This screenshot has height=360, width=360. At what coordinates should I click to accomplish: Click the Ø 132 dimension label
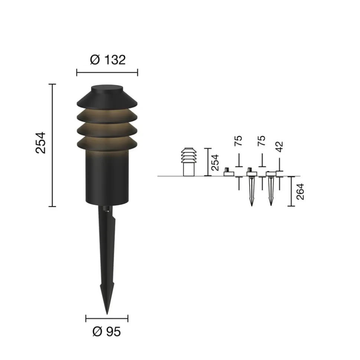108,60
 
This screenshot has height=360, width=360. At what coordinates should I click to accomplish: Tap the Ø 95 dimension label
107,331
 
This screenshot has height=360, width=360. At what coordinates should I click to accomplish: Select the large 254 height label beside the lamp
41,143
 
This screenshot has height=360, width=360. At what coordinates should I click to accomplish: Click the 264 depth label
300,191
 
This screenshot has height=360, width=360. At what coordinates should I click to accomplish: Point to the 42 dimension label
279,147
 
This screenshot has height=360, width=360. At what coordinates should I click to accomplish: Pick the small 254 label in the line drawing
215,162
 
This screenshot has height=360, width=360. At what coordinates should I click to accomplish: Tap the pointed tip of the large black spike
107,314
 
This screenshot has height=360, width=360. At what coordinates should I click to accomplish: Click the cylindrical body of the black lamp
107,177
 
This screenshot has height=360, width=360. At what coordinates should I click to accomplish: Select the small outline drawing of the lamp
189,162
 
